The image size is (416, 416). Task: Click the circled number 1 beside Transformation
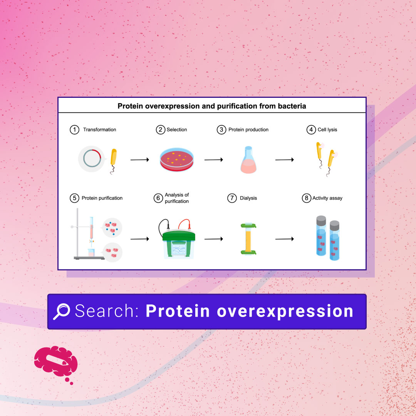pyautogui.click(x=74, y=130)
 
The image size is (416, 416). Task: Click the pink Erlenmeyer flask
pyautogui.click(x=248, y=160)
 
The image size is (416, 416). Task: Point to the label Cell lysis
pyautogui.click(x=327, y=130)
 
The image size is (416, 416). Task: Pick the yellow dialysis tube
pyautogui.click(x=248, y=239)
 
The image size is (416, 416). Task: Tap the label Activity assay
pyautogui.click(x=327, y=198)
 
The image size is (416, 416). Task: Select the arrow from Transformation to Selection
pyautogui.click(x=139, y=159)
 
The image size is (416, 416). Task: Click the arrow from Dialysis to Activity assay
pyautogui.click(x=285, y=239)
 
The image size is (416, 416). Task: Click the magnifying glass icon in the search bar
pyautogui.click(x=61, y=311)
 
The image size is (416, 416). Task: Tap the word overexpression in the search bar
pyautogui.click(x=285, y=311)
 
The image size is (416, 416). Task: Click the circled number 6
pyautogui.click(x=158, y=198)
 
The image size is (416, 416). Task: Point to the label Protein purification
pyautogui.click(x=102, y=198)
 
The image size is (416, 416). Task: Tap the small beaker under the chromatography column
pyautogui.click(x=91, y=253)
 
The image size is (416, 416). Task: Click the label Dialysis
pyautogui.click(x=248, y=198)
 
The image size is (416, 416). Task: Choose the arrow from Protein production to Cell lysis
pyautogui.click(x=285, y=159)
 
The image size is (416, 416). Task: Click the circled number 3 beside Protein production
pyautogui.click(x=221, y=130)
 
